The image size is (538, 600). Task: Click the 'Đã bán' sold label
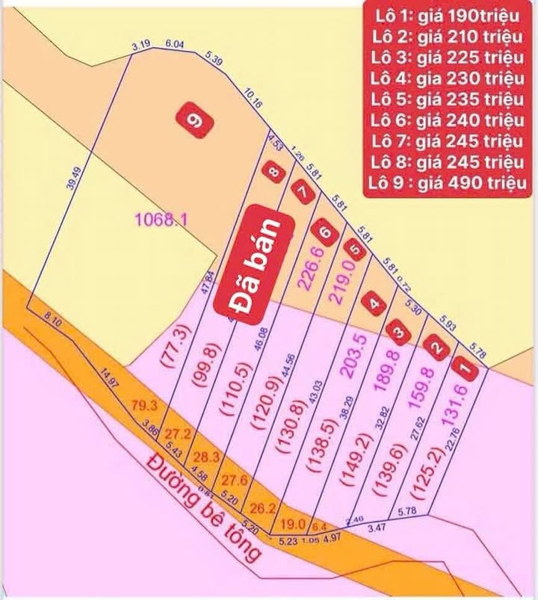[x=249, y=262]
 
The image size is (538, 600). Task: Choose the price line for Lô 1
[x=448, y=16]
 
